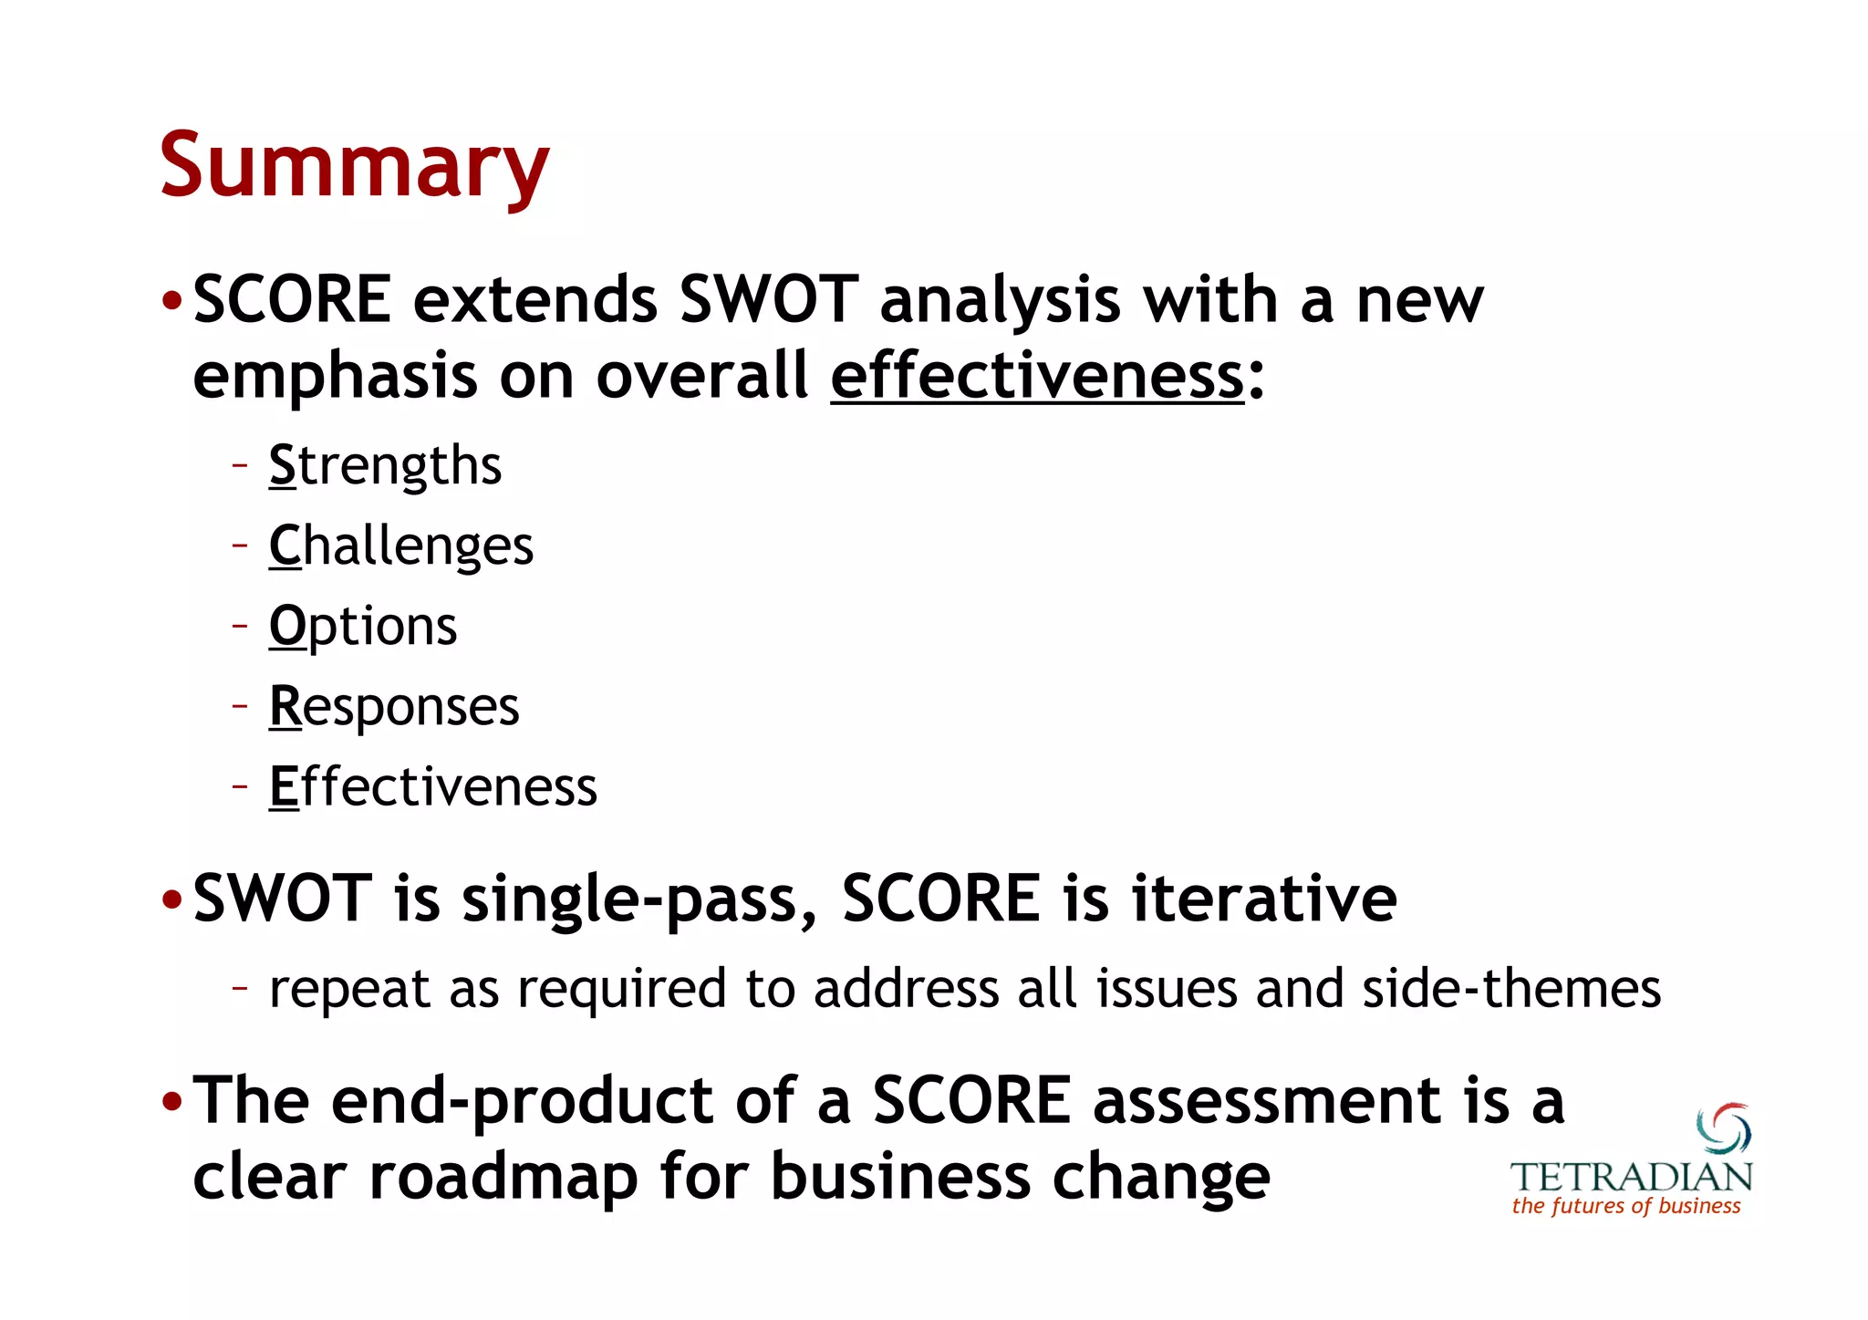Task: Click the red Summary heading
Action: (x=354, y=165)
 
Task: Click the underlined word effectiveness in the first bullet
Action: (x=1037, y=376)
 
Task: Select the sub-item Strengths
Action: (x=385, y=466)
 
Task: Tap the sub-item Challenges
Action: (x=401, y=546)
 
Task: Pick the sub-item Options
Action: (x=363, y=627)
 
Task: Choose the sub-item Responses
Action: (x=394, y=707)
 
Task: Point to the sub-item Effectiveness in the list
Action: (x=433, y=787)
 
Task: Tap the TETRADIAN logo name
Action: (x=1631, y=1177)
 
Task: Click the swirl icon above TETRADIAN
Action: (x=1723, y=1128)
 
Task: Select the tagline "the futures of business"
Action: (x=1626, y=1206)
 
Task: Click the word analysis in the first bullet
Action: (x=1000, y=301)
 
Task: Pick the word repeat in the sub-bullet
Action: (x=349, y=989)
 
